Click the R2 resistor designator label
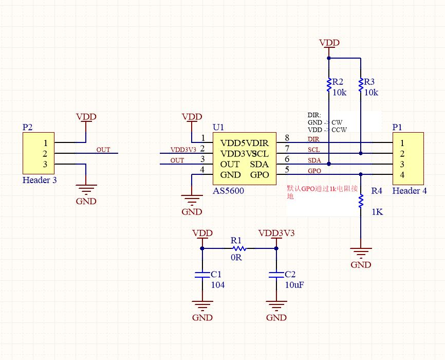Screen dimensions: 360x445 (x=338, y=82)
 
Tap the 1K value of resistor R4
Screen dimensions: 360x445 (x=377, y=212)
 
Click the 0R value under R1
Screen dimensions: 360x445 (x=236, y=257)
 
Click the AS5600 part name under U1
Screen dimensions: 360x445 (x=228, y=191)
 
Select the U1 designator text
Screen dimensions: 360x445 (x=218, y=127)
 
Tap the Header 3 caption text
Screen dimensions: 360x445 (x=40, y=180)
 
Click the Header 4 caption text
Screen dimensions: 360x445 (x=410, y=191)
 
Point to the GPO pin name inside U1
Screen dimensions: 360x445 (x=260, y=175)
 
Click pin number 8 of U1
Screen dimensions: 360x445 (x=287, y=138)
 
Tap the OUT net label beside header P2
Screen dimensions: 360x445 (x=103, y=150)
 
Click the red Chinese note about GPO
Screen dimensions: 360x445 (x=319, y=192)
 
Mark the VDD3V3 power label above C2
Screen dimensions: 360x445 (x=276, y=233)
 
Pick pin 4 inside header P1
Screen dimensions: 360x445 (x=402, y=175)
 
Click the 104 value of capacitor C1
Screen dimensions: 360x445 (x=218, y=284)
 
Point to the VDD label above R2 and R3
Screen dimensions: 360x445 (x=329, y=42)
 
